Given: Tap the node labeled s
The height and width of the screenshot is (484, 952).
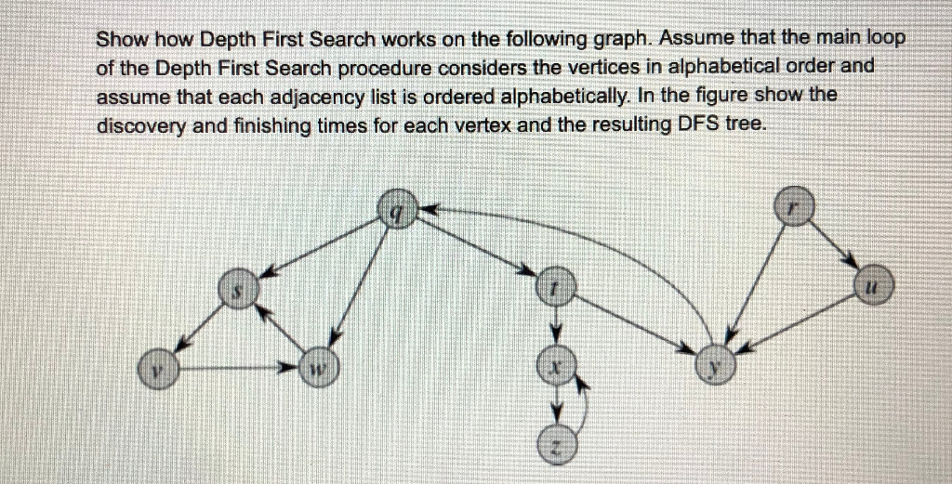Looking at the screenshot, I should (237, 291).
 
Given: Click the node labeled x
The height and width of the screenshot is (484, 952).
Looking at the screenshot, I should (555, 369).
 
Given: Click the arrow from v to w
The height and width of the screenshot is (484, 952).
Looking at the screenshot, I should (237, 370).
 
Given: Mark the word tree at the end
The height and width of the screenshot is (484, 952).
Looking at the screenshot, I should (748, 124).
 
